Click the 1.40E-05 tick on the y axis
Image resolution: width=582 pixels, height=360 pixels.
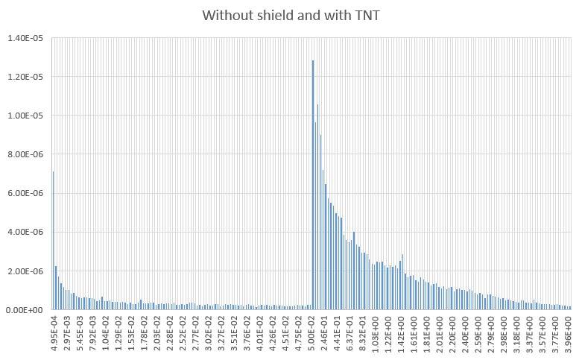28,38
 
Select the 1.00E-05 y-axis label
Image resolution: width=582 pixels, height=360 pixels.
28,116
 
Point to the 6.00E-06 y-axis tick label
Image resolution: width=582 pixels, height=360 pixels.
28,193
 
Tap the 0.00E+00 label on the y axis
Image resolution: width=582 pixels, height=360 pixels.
28,309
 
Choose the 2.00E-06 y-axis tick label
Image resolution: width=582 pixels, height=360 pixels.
28,271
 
